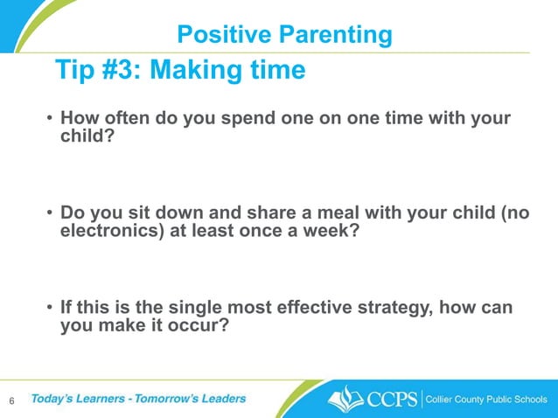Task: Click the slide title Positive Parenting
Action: coord(284,34)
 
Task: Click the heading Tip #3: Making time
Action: coord(180,70)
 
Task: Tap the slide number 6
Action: coord(11,401)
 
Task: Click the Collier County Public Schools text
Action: coord(486,400)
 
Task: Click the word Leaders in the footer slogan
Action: coord(219,399)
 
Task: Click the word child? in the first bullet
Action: coord(87,138)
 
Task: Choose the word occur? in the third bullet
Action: coord(204,328)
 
